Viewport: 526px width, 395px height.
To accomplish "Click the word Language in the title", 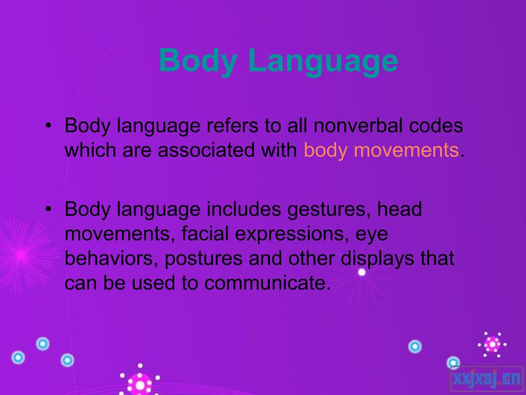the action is [324, 61].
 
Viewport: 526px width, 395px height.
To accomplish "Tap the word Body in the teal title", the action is [198, 61].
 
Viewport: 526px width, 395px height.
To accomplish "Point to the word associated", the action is [206, 150].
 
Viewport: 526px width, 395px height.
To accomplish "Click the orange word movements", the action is [407, 150].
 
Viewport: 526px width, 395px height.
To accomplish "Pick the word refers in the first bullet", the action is [233, 125].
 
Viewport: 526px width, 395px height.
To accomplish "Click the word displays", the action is [377, 259].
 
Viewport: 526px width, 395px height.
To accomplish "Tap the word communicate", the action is [265, 283].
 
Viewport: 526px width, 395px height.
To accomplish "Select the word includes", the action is [244, 209].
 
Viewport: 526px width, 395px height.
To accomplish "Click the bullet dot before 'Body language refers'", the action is [49, 125].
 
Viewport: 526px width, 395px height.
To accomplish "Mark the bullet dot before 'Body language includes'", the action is [49, 210].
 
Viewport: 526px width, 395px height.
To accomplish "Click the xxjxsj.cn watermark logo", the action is [486, 380].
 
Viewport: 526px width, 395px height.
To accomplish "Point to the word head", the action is [399, 209].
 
